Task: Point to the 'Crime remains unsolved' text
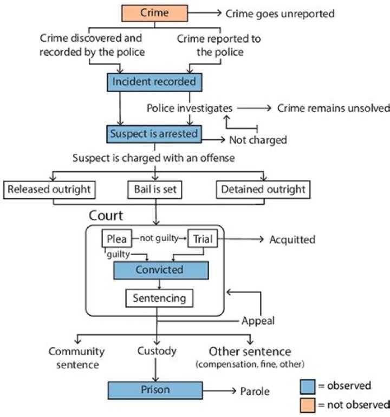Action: (x=333, y=108)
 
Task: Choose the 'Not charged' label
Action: (x=257, y=140)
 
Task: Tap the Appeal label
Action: (x=258, y=321)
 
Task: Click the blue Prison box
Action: (x=156, y=390)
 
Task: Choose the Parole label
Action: (x=255, y=391)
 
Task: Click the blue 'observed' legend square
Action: (x=308, y=386)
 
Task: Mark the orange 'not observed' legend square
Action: (x=308, y=404)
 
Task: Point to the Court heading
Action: (x=106, y=216)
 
